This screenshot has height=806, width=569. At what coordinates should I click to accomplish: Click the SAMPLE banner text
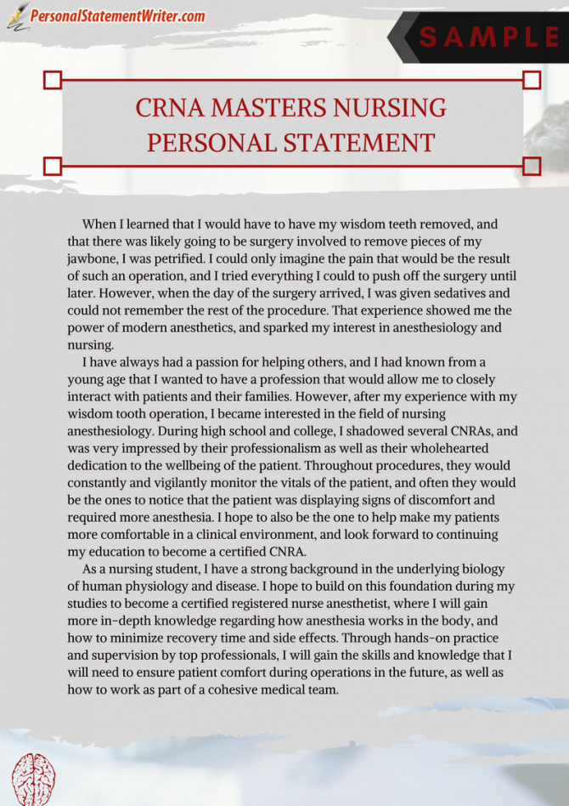[x=489, y=37]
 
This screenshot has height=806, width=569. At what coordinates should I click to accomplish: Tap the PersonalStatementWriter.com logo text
[x=118, y=16]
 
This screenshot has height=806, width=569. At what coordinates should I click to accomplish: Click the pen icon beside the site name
[x=17, y=16]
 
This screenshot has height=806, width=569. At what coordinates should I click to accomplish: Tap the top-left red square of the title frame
[x=53, y=80]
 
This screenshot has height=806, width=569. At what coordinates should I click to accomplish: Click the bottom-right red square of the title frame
[x=532, y=164]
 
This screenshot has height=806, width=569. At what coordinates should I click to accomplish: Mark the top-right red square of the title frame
[x=532, y=80]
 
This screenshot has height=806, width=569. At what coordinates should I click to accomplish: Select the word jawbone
[x=92, y=258]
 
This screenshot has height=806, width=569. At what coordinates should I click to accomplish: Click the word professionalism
[x=245, y=448]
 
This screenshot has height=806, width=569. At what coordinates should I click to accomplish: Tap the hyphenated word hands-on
[x=392, y=639]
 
